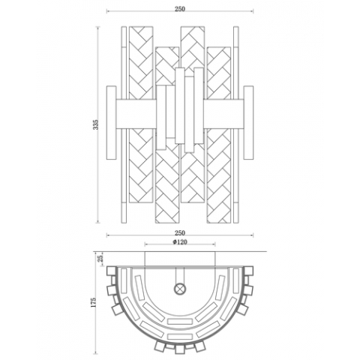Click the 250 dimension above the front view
pos(179,9)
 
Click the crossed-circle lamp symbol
pos(179,287)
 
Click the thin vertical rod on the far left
pos(125,124)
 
